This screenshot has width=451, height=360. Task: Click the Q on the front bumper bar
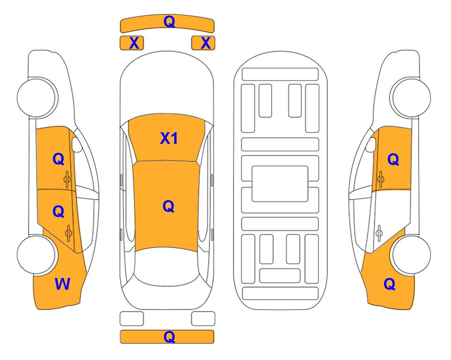(169, 22)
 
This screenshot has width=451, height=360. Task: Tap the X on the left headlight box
(134, 43)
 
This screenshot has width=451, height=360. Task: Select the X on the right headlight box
(206, 43)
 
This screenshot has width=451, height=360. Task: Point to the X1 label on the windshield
(169, 138)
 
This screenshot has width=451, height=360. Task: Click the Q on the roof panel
(168, 206)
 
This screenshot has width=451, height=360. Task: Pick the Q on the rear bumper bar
(169, 337)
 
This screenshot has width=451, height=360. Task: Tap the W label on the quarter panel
(62, 284)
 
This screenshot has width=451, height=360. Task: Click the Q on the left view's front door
(59, 159)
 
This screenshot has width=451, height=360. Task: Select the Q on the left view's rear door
(59, 211)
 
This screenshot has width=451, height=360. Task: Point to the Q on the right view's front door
(393, 159)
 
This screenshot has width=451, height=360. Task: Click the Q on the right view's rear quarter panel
(390, 284)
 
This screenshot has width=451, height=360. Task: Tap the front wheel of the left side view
(37, 97)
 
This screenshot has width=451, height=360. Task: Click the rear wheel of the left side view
(37, 255)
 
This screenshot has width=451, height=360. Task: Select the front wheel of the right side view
(411, 97)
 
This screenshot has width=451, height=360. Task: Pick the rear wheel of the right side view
(411, 255)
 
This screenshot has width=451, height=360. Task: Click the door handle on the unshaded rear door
(379, 232)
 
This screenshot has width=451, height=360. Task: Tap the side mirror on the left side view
(76, 144)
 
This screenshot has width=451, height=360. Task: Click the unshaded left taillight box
(132, 319)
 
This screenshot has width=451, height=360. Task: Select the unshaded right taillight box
(203, 319)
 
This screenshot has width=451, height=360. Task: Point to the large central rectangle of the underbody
(280, 184)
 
